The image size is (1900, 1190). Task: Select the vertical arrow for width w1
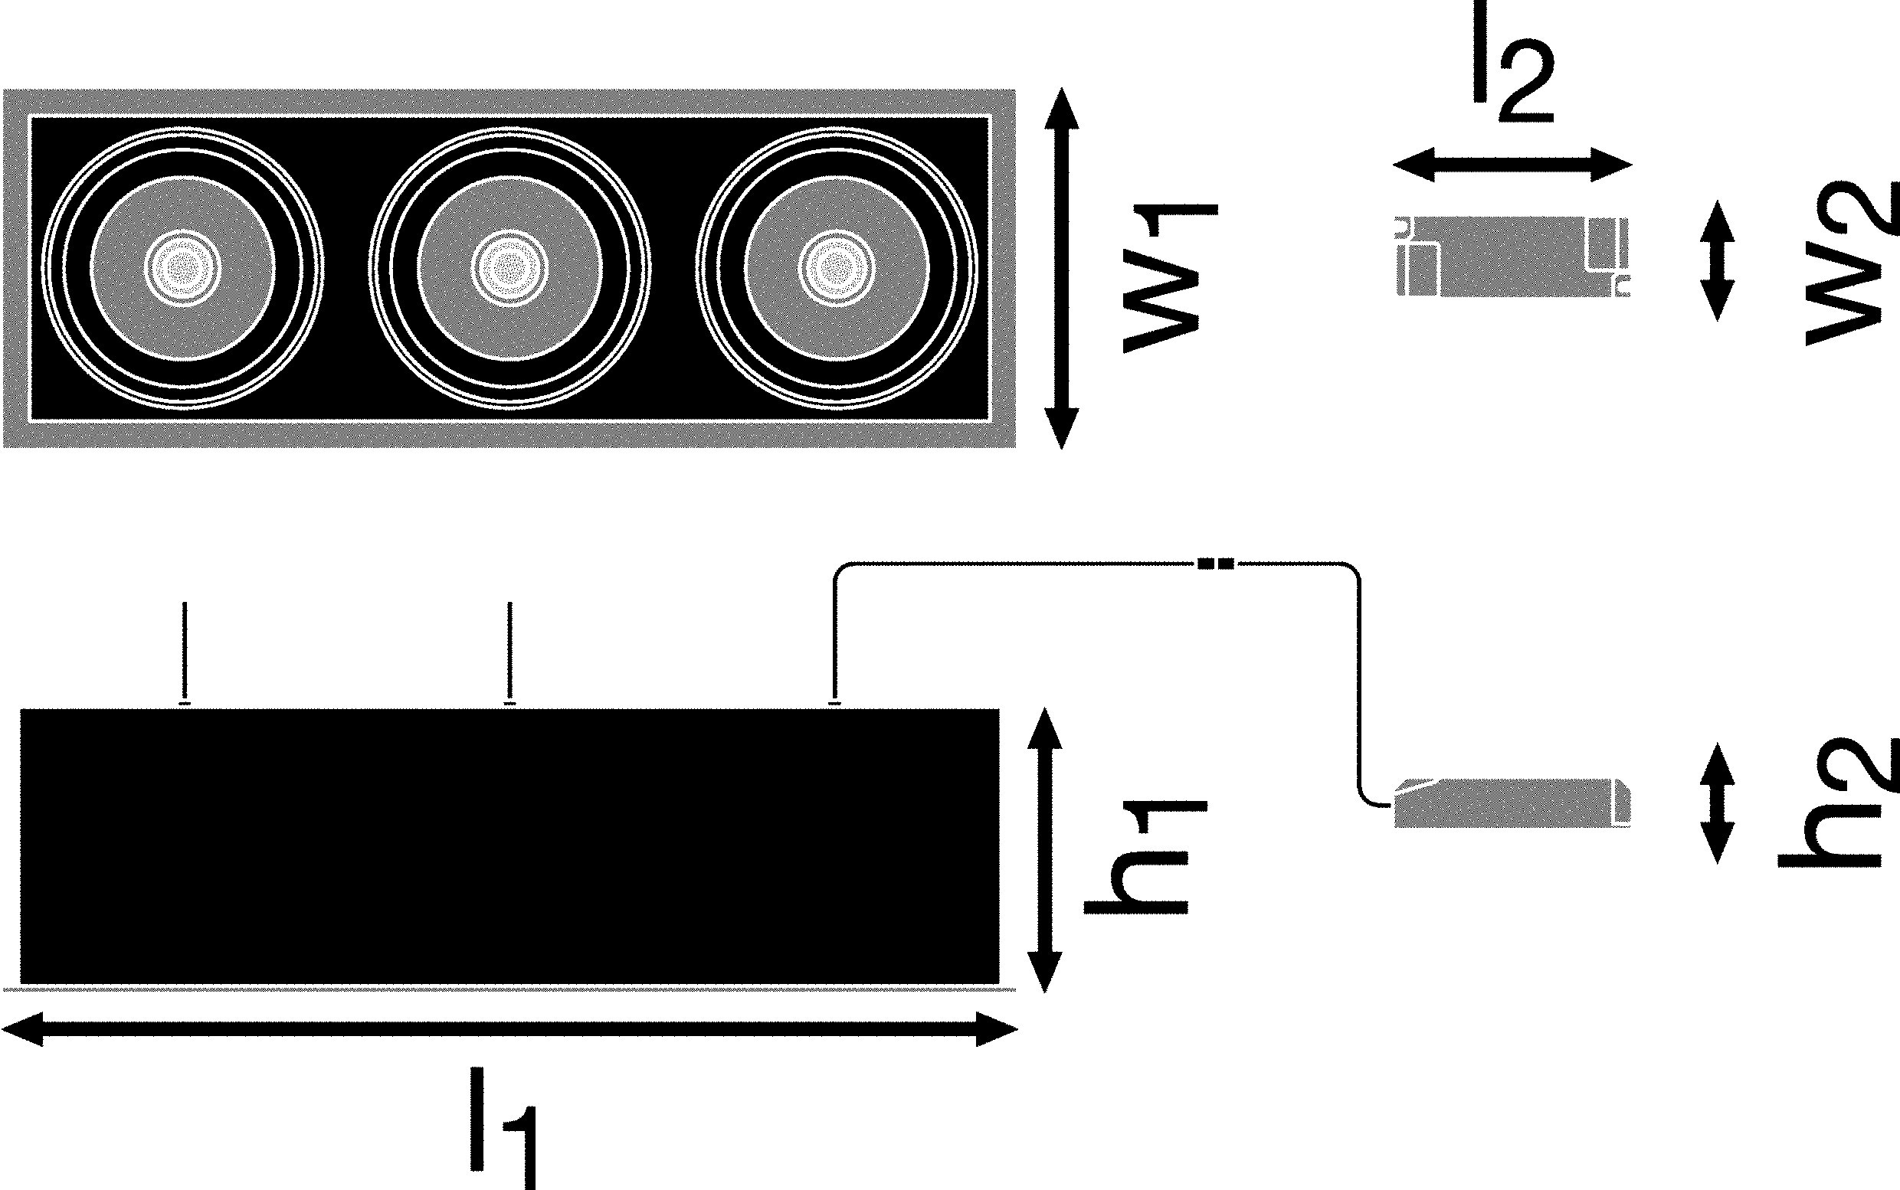pos(1060,268)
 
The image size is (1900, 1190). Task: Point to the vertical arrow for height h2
pos(1717,803)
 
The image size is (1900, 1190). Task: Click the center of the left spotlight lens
pos(183,268)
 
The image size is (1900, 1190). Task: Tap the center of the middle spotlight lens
pos(509,268)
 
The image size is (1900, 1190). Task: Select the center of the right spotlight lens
pos(836,268)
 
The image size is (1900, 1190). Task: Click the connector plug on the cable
pos(1216,564)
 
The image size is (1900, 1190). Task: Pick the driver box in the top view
pos(1512,257)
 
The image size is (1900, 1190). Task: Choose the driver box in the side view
pos(1512,803)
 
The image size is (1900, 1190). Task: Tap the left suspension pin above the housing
pos(185,653)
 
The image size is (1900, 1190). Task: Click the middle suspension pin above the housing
pos(510,653)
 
